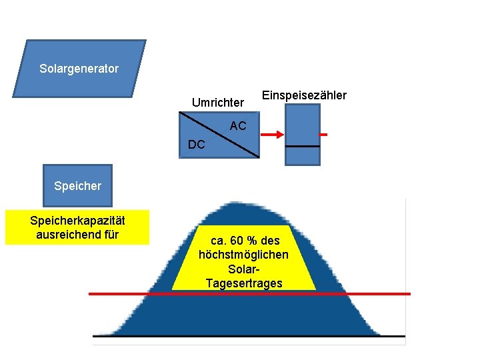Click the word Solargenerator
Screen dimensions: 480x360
point(79,69)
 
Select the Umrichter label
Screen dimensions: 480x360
point(218,103)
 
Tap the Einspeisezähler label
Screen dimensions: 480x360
point(304,95)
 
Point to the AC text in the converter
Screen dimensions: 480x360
point(238,125)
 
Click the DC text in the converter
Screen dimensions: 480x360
point(197,144)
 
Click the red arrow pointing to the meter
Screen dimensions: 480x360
point(271,135)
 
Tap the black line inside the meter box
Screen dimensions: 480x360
point(302,146)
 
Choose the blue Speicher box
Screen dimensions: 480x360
point(77,185)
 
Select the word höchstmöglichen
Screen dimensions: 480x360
point(244,255)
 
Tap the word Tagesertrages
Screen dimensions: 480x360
point(244,283)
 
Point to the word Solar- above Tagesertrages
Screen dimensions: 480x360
point(244,269)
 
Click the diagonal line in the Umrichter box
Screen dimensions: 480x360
point(219,135)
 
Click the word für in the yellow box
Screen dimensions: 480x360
point(111,234)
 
